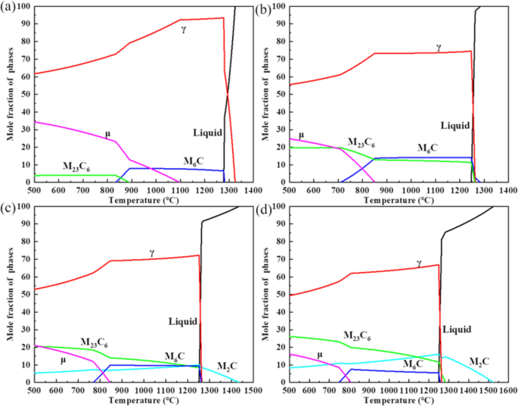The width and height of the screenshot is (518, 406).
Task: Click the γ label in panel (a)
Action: pos(184,30)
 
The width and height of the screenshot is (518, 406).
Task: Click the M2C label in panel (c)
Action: pos(228,367)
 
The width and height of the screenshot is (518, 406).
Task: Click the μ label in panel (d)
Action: pos(319,354)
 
